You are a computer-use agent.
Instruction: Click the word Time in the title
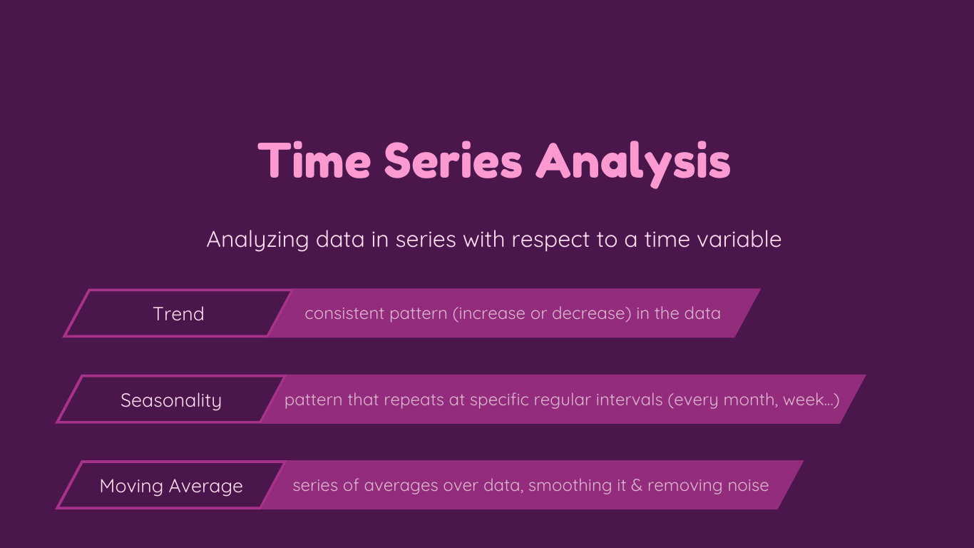pyautogui.click(x=314, y=160)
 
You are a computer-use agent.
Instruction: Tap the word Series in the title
pyautogui.click(x=453, y=160)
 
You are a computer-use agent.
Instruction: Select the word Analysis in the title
pyautogui.click(x=633, y=163)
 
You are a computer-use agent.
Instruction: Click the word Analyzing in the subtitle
pyautogui.click(x=257, y=240)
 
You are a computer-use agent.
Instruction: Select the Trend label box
pyautogui.click(x=178, y=313)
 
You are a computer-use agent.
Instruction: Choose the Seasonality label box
pyautogui.click(x=171, y=400)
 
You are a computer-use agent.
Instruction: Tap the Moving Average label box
pyautogui.click(x=171, y=485)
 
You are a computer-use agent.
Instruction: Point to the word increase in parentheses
pyautogui.click(x=492, y=313)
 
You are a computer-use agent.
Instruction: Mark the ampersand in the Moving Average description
pyautogui.click(x=637, y=486)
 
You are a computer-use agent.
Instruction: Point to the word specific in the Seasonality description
pyautogui.click(x=499, y=400)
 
